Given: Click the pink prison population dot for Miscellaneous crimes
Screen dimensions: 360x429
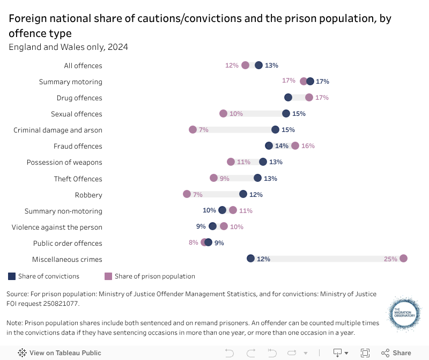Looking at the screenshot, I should coord(403,259).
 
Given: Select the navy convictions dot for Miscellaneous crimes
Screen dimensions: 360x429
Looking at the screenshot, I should coord(250,259).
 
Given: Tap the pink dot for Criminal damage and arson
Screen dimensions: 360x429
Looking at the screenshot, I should coord(193,130).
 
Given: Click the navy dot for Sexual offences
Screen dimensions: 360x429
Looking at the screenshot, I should coord(286,114).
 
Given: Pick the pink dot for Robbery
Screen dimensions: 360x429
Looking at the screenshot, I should coord(187,194).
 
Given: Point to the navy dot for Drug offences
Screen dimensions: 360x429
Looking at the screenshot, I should coord(288,98).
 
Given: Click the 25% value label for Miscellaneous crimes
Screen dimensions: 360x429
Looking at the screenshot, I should coord(390,259).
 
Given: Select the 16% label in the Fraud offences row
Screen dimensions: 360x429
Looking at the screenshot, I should coord(308,146).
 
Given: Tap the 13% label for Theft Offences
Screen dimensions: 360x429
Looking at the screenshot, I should coord(270,179).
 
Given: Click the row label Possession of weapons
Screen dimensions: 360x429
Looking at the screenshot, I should coord(64,162).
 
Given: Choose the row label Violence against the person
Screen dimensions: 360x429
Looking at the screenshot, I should coord(57,227).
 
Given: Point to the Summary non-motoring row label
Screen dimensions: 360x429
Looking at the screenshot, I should coord(63,211).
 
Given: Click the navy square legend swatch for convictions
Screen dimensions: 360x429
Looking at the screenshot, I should coord(12,276).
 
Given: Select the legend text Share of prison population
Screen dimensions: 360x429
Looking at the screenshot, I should coord(154,276).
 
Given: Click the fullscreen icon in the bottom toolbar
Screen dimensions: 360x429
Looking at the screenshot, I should coord(365,353).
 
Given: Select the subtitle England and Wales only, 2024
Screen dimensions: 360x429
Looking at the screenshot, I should coord(68,47).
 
